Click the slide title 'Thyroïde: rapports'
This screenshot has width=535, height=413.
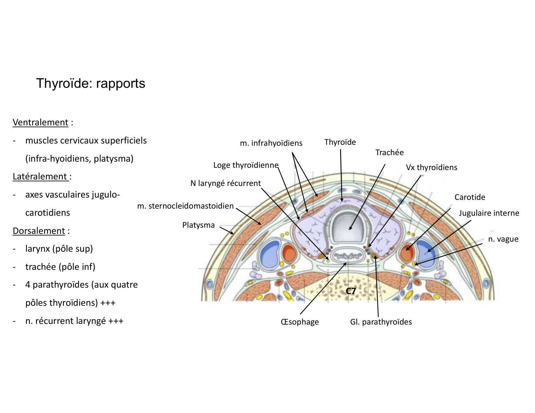tap(90, 83)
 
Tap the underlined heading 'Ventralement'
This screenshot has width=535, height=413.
tap(41, 122)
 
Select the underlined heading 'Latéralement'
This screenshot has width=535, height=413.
tap(40, 177)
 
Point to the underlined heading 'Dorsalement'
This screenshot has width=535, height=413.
tap(39, 231)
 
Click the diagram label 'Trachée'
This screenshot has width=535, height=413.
tap(389, 153)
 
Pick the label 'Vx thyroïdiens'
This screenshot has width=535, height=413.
tap(431, 167)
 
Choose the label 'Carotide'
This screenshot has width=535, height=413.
tap(470, 197)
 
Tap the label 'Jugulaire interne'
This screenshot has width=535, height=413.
tap(489, 213)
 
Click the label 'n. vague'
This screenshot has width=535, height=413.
tap(503, 239)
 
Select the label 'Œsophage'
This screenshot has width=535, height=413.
tap(300, 322)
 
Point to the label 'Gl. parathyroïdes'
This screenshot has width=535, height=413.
tap(381, 322)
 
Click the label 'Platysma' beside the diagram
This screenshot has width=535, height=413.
tap(198, 225)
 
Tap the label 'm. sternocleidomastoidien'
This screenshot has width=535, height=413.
tap(185, 206)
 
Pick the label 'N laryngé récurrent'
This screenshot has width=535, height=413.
tap(225, 183)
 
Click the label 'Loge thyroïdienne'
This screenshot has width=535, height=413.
tap(246, 165)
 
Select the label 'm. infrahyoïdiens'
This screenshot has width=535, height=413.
tap(271, 143)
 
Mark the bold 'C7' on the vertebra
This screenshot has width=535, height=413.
tap(351, 291)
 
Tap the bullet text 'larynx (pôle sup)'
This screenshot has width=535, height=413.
tap(59, 249)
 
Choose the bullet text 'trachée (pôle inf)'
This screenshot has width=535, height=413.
tap(60, 267)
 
